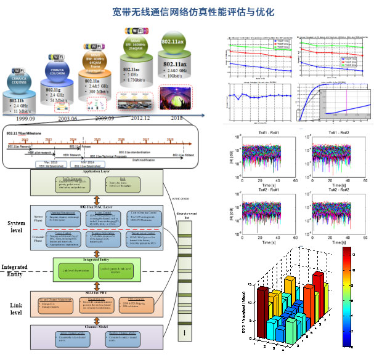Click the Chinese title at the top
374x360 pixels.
[186, 12]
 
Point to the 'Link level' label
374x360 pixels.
[17, 306]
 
